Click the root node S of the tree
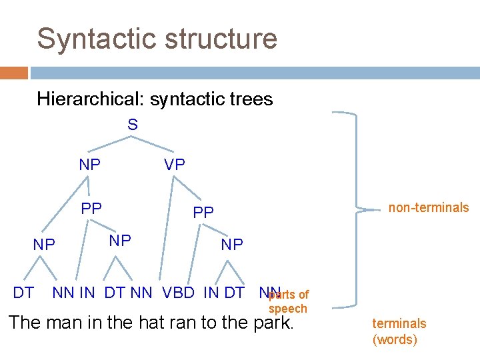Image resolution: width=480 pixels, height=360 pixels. pyautogui.click(x=133, y=125)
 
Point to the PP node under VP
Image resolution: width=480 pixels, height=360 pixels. pyautogui.click(x=203, y=213)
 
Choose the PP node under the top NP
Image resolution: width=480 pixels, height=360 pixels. pyautogui.click(x=91, y=209)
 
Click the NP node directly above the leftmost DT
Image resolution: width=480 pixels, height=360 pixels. pyautogui.click(x=44, y=245)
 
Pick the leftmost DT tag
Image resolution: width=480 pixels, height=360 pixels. pyautogui.click(x=23, y=291)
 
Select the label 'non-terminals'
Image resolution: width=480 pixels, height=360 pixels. pyautogui.click(x=429, y=207)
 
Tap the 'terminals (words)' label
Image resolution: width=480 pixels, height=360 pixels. pyautogui.click(x=399, y=331)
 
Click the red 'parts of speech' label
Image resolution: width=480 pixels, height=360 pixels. pyautogui.click(x=288, y=301)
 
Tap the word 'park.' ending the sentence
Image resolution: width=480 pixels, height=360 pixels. pyautogui.click(x=273, y=323)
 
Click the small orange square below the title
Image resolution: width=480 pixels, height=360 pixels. pyautogui.click(x=14, y=72)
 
